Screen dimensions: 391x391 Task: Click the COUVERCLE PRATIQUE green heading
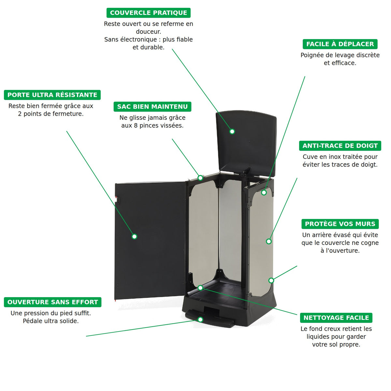[x=148, y=13]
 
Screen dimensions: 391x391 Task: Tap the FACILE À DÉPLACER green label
[x=340, y=44]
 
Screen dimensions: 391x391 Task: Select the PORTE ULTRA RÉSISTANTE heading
[x=52, y=95]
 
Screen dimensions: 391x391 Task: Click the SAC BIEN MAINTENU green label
[x=152, y=107]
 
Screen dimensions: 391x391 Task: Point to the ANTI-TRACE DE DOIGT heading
[x=340, y=146]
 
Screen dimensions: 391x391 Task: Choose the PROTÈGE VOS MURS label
[x=340, y=224]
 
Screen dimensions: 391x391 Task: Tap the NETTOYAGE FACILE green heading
[x=336, y=318]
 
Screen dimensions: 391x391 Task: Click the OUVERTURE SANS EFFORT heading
[x=52, y=302]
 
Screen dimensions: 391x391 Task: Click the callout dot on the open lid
[x=232, y=132]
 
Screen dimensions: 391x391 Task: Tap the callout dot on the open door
[x=134, y=236]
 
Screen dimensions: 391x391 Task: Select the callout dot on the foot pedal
[x=200, y=320]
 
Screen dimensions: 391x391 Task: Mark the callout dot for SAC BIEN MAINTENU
[x=200, y=178]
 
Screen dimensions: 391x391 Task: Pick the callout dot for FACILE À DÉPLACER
[x=264, y=192]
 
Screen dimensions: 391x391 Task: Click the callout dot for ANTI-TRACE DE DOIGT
[x=268, y=241]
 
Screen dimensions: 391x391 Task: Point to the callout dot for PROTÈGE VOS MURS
[x=271, y=281]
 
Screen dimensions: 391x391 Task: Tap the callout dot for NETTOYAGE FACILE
[x=200, y=288]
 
